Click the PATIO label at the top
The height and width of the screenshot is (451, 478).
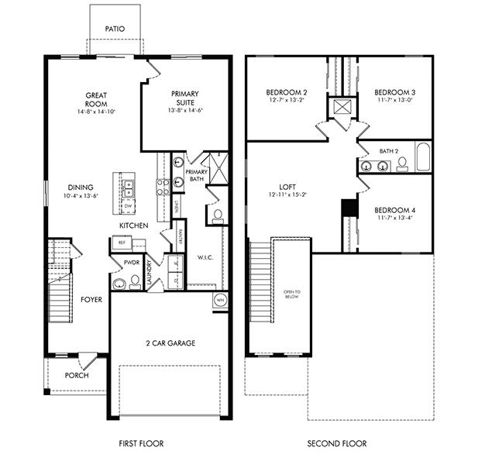point(114,29)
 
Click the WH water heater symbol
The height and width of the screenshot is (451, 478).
point(219,300)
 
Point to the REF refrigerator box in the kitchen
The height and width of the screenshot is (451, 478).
point(122,243)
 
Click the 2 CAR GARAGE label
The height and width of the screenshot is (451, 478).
point(170,343)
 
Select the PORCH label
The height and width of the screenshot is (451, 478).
point(77,375)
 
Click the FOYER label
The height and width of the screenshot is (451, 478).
point(91,298)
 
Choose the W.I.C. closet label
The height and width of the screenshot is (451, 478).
point(205,257)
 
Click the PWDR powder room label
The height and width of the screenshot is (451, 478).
point(131,263)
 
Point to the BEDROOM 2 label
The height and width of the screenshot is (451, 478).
point(282,92)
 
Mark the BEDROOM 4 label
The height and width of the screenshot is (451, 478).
point(395,210)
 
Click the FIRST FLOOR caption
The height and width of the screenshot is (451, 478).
point(140,443)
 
